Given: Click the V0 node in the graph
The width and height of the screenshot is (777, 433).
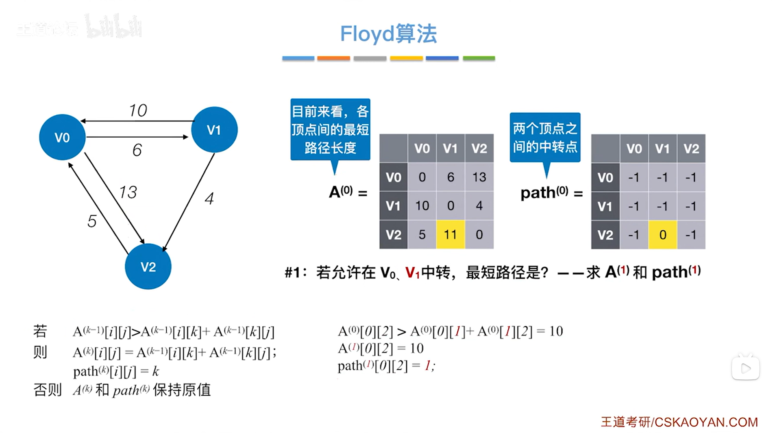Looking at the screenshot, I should pyautogui.click(x=62, y=137).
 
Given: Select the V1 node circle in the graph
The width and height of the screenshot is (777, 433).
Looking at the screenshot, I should pyautogui.click(x=214, y=130).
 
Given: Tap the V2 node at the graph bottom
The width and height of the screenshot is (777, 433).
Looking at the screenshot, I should pyautogui.click(x=148, y=266).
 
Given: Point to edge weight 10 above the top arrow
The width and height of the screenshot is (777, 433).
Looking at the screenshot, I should pyautogui.click(x=138, y=110).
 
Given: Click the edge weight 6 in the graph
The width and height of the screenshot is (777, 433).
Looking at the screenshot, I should pyautogui.click(x=137, y=150).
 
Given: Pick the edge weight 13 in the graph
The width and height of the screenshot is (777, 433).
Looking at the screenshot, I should pyautogui.click(x=128, y=192).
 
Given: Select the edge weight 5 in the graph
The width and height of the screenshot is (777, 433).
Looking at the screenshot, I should pyautogui.click(x=92, y=221).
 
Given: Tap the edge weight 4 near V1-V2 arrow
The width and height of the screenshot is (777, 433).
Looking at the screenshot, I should pyautogui.click(x=209, y=199).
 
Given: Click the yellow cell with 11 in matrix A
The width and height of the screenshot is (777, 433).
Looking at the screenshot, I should pyautogui.click(x=450, y=234).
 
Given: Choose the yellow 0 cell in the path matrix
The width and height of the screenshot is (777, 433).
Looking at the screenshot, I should pyautogui.click(x=662, y=235).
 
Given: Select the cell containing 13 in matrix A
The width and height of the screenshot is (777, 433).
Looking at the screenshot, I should pyautogui.click(x=479, y=177).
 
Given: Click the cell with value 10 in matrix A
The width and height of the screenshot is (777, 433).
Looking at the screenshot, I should pyautogui.click(x=422, y=206).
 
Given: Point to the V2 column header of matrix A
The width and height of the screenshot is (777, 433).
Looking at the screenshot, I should pyautogui.click(x=479, y=148).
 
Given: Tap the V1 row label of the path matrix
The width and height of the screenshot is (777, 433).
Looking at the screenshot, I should pyautogui.click(x=605, y=206).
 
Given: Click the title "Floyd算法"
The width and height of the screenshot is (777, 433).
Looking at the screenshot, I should pyautogui.click(x=388, y=34).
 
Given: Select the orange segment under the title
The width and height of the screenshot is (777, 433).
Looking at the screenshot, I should pyautogui.click(x=333, y=58).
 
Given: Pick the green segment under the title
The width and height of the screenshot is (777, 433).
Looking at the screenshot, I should pyautogui.click(x=479, y=58).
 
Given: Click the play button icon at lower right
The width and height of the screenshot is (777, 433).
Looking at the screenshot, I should pyautogui.click(x=745, y=368).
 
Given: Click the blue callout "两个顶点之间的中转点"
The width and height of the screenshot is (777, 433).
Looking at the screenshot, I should pyautogui.click(x=545, y=137).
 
